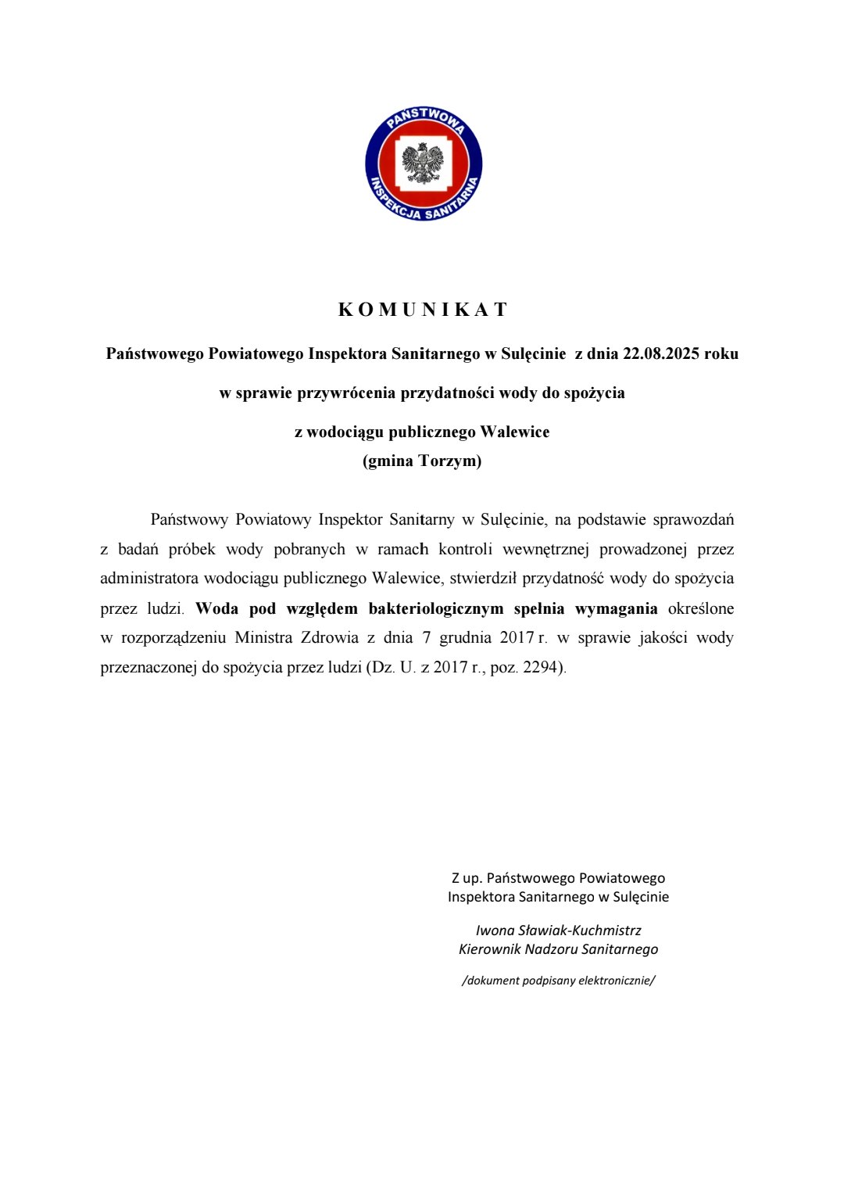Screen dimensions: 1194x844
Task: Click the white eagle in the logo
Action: coord(423,163)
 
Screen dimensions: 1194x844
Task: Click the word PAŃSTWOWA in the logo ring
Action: coord(426,119)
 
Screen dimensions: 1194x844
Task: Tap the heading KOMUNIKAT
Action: coord(423,310)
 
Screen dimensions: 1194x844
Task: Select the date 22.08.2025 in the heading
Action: coord(661,353)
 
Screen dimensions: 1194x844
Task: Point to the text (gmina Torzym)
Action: coord(422,461)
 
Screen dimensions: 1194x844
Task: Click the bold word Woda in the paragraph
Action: coord(216,608)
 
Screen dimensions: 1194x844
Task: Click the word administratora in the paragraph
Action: coord(148,579)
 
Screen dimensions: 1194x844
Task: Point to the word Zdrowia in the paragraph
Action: coord(329,638)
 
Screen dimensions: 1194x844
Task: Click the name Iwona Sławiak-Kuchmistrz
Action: coord(558,930)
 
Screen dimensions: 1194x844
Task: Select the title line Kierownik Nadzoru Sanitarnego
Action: coord(558,949)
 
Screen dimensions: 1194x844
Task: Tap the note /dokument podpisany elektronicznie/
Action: coord(558,981)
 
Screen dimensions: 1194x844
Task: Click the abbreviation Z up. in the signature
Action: coord(467,878)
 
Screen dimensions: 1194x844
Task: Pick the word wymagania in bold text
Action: coord(616,608)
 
